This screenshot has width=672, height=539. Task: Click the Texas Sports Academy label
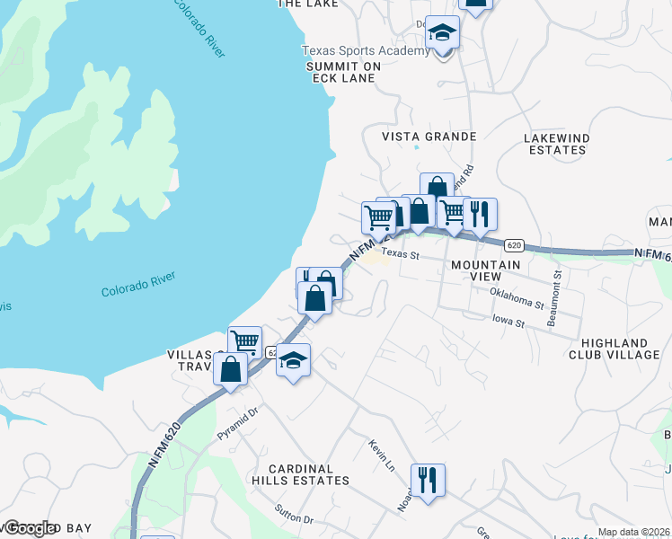coord(366,51)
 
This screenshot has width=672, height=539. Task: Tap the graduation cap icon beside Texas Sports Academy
coord(441,34)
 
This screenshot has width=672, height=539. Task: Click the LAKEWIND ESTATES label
coord(555,144)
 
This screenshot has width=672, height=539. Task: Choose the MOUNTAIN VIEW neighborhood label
coord(485,271)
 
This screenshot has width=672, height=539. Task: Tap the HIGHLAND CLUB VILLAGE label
coord(620,349)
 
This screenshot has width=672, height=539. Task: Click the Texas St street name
coord(400,255)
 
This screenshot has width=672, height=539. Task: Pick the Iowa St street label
coord(507,319)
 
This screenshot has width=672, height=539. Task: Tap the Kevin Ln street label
coord(381,456)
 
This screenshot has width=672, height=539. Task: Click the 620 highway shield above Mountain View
coord(513,244)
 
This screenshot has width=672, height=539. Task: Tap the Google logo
coord(29,528)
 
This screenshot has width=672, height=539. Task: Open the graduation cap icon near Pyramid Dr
coord(293,360)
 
